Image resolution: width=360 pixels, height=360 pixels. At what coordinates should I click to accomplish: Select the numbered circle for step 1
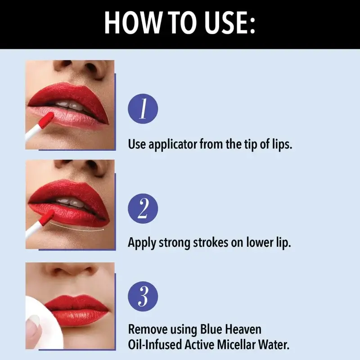(x=143, y=108)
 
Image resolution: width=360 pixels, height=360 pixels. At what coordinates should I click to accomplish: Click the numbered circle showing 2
(x=143, y=208)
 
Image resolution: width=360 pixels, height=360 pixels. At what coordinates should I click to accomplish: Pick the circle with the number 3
(x=143, y=296)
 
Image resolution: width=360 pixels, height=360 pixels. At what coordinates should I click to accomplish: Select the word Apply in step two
(x=142, y=243)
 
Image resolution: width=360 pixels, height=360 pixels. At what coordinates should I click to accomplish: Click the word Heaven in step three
(x=243, y=329)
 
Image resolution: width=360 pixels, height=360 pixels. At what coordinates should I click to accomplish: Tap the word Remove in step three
(x=148, y=329)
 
